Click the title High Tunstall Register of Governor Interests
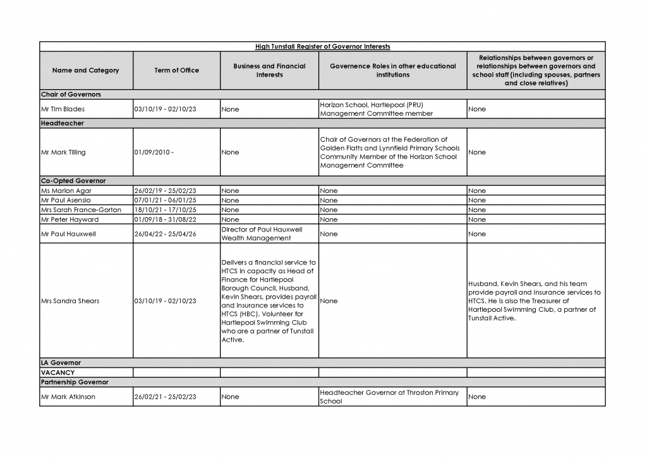(322, 47)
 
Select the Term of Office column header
(176, 70)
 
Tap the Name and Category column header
(85, 70)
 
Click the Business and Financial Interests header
(269, 70)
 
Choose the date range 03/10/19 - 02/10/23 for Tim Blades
(166, 109)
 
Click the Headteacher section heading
(63, 123)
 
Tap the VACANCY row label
(57, 373)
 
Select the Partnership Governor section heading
(75, 382)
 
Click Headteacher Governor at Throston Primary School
(389, 397)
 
